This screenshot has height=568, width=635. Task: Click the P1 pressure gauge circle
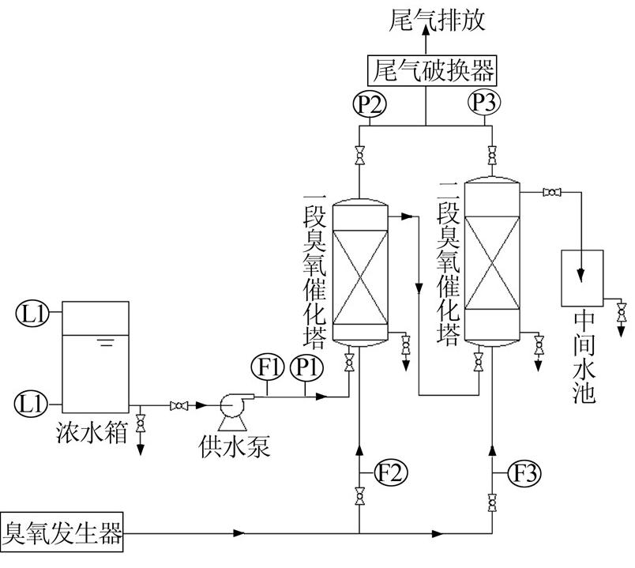click(x=304, y=368)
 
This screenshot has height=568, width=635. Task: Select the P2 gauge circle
click(x=369, y=103)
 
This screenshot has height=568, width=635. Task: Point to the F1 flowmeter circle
click(x=266, y=368)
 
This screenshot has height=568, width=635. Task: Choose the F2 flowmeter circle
click(x=393, y=473)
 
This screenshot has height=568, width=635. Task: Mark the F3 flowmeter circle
click(x=526, y=473)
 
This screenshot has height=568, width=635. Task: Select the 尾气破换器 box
click(x=431, y=72)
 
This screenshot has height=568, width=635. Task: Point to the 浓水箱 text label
click(x=92, y=432)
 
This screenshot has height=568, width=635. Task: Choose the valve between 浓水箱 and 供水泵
click(x=180, y=406)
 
